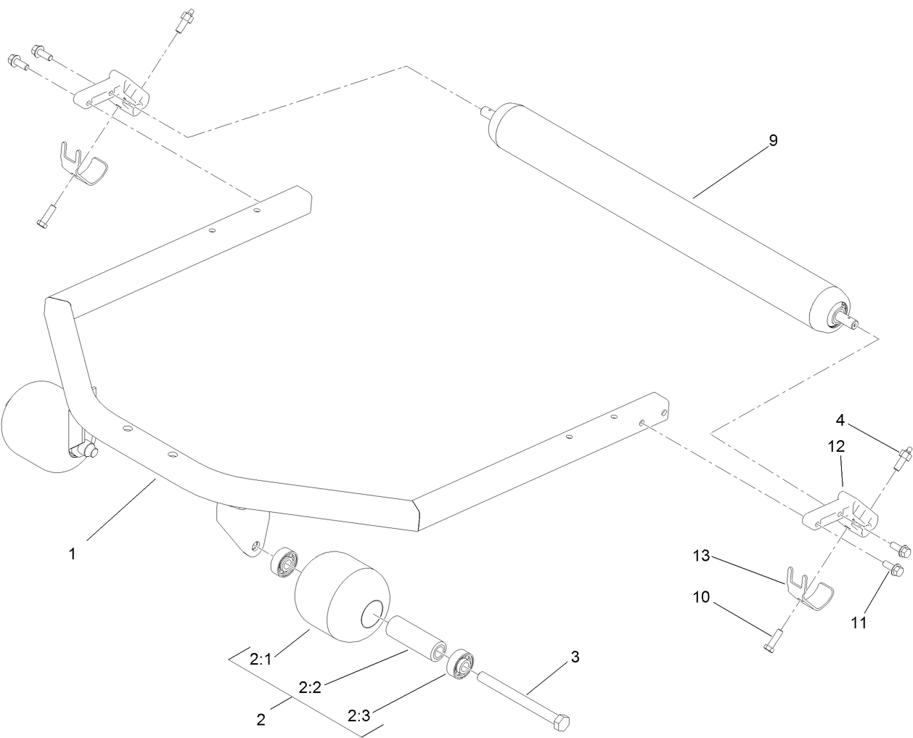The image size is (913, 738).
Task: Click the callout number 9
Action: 773,141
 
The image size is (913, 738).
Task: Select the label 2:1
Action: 260,660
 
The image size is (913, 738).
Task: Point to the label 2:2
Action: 310,687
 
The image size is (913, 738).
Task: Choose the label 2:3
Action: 358,716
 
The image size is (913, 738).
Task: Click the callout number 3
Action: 575,657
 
